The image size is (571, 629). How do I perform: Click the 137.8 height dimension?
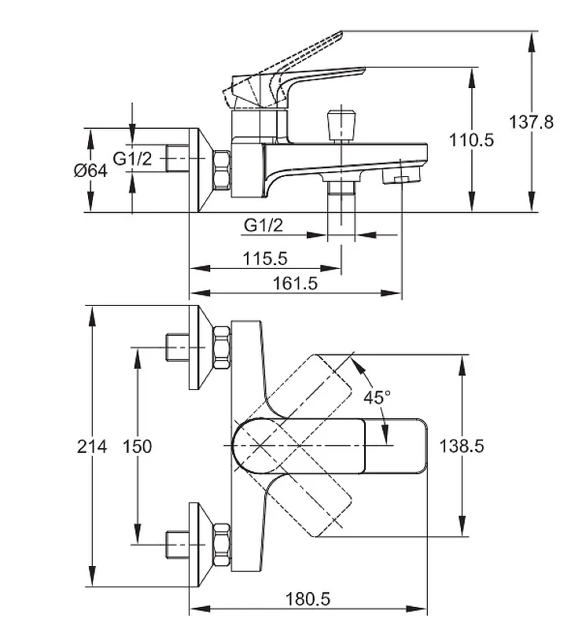(531, 122)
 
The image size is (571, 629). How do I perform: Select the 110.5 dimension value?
(471, 140)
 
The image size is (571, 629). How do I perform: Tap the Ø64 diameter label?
(90, 171)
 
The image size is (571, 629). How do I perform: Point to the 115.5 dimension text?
(265, 259)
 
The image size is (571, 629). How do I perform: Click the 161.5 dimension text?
(295, 283)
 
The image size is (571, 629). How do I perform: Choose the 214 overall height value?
(92, 447)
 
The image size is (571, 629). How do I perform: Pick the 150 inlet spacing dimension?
(137, 447)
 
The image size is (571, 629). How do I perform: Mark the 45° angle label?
(377, 397)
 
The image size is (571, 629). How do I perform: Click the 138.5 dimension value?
(462, 446)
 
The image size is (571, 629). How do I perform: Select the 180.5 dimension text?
(308, 599)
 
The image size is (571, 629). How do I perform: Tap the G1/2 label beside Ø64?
(133, 159)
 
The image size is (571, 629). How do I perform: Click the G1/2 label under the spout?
(263, 225)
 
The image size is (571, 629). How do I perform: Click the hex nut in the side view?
(222, 170)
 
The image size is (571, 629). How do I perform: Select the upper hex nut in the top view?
(222, 348)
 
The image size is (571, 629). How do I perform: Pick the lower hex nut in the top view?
(222, 545)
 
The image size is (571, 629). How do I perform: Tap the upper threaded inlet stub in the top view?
(177, 348)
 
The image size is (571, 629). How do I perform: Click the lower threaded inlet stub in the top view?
(177, 544)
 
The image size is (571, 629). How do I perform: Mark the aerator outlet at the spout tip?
(400, 175)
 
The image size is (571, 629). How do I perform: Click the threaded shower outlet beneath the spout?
(341, 188)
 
